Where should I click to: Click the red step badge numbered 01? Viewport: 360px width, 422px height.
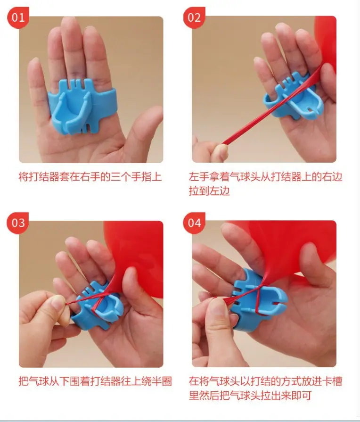[x=18, y=17]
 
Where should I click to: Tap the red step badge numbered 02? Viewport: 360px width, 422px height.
[x=194, y=17]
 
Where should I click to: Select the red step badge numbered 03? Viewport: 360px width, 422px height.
[x=18, y=223]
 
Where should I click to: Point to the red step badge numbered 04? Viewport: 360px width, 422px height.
[x=194, y=223]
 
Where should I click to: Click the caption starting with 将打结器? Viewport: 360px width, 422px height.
[x=90, y=177]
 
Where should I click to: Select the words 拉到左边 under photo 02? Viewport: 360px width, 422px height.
[x=209, y=191]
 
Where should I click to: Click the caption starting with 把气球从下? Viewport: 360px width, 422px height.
[x=95, y=381]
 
